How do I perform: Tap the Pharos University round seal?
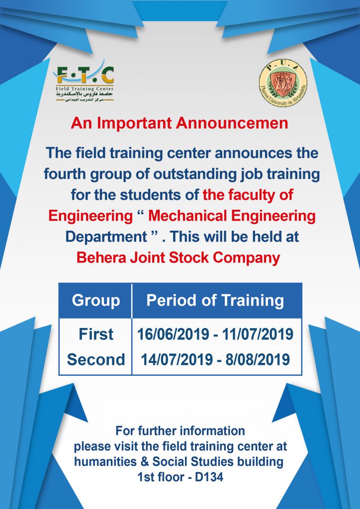tap(283, 83)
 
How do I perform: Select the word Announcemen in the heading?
tap(232, 123)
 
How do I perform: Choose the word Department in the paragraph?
tap(106, 237)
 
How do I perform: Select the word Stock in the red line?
tap(188, 258)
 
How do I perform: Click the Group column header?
tap(96, 301)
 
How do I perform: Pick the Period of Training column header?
tap(215, 301)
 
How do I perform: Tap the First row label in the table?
tap(96, 335)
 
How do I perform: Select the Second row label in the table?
tap(96, 360)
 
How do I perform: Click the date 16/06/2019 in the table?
tap(173, 335)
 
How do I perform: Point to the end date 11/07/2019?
tap(258, 335)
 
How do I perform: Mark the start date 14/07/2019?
tap(177, 360)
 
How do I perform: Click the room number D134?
tap(209, 477)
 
